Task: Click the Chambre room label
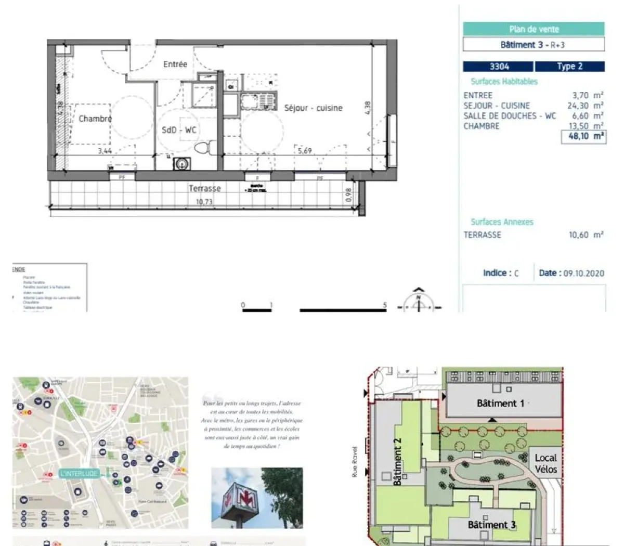pos(95,119)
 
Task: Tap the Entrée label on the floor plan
pos(175,64)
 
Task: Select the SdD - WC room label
pos(179,130)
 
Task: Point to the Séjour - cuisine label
pos(313,108)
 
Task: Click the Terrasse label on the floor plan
pos(205,188)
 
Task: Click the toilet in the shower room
pos(203,147)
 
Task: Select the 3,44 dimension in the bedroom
pos(105,151)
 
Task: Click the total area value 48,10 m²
pos(583,137)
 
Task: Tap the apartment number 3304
pos(499,67)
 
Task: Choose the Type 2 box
pos(569,67)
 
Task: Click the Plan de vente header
pos(534,29)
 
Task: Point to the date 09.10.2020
pos(583,273)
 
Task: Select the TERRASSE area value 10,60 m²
pos(586,235)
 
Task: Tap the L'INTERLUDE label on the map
pos(79,473)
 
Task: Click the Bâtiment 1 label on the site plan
pos(500,403)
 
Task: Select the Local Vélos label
pos(545,463)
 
